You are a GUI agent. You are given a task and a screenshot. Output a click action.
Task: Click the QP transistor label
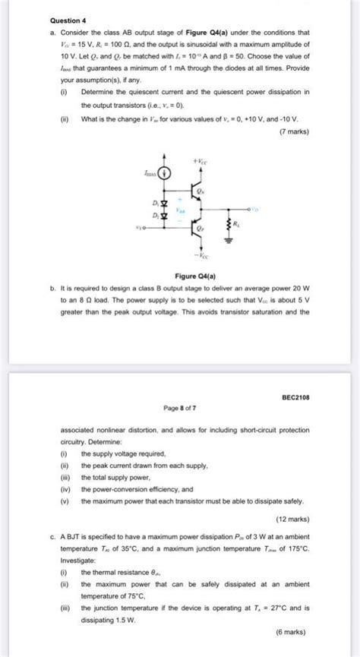199,226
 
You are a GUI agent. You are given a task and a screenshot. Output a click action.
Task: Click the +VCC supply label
199,161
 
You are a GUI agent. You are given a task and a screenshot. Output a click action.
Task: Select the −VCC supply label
199,257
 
